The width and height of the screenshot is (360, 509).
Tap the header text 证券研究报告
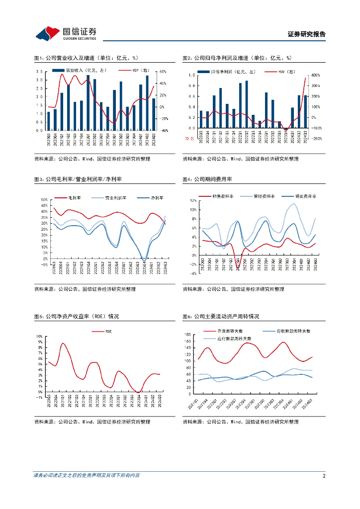point(306,34)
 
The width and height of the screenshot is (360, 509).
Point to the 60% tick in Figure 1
point(162,71)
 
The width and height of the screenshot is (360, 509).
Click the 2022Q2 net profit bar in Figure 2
point(247,105)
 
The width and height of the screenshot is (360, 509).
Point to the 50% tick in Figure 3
point(43,200)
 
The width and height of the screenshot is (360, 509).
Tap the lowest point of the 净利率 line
point(144,260)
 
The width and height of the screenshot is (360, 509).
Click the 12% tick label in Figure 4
point(192,200)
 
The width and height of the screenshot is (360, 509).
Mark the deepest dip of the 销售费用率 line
point(238,268)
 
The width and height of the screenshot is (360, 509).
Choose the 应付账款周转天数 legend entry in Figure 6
point(234,338)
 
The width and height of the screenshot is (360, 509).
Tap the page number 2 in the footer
point(324,476)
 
